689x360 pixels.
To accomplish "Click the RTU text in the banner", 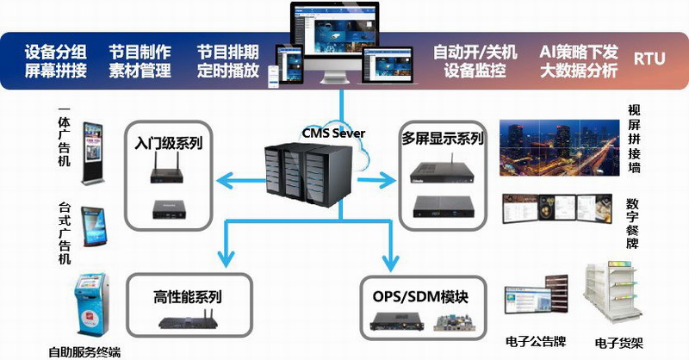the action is coord(649,59).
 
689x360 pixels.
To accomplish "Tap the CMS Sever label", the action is coord(333,133).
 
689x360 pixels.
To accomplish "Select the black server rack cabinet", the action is coord(308,174).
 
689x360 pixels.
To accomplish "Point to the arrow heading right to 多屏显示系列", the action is coord(376,179).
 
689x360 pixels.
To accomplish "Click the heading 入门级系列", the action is coord(169,143).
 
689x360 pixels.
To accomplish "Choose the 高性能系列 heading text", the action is coord(188,297).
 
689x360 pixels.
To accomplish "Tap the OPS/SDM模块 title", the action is coord(420,297).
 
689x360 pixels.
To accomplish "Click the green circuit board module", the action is coord(455,323).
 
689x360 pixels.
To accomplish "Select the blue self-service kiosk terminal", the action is coord(91,304).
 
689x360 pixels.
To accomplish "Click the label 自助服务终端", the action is coord(84,352).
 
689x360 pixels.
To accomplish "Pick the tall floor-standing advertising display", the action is coord(93,153).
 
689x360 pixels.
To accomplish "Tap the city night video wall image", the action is coord(559,147).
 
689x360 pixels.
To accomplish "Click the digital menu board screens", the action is coord(557,208).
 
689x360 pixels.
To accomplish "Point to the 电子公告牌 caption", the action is coord(536,342).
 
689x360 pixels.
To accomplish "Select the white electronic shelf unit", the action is coord(611,292).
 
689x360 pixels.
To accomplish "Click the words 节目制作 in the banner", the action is coord(140,52).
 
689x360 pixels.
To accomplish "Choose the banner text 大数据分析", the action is coord(579,71).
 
